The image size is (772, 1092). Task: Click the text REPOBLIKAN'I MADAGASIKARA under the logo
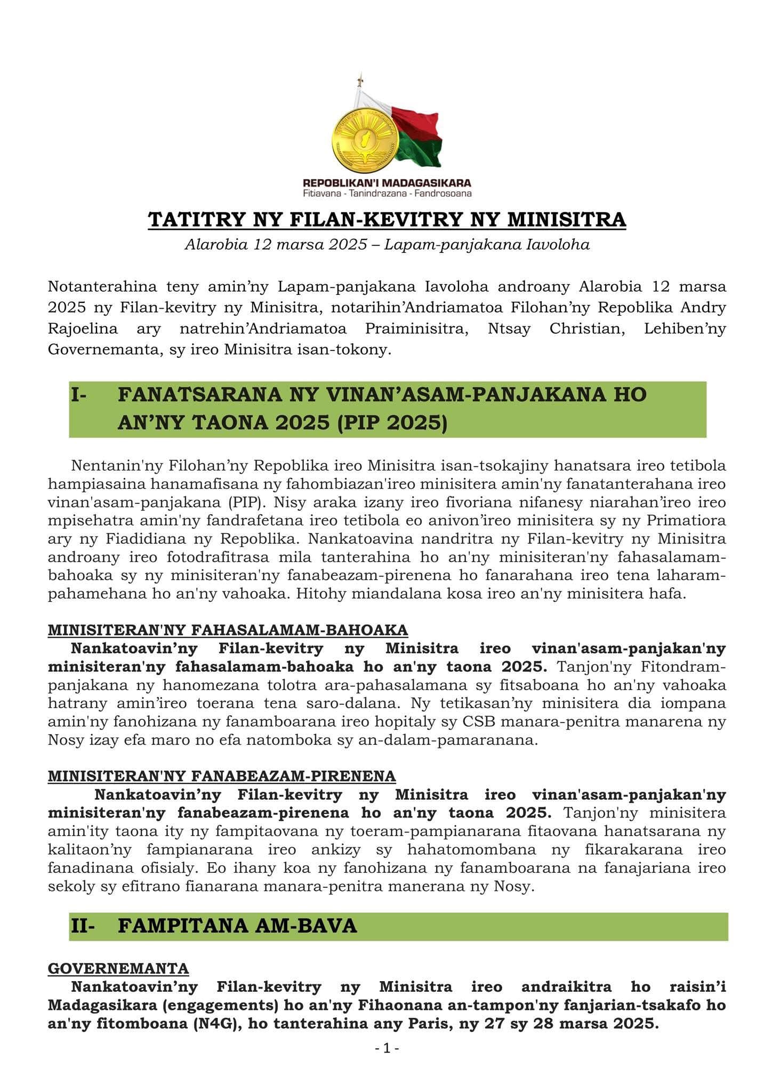[x=387, y=183]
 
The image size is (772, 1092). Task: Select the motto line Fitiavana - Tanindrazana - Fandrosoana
[x=387, y=193]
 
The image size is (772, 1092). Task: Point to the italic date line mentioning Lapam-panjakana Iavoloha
[x=387, y=245]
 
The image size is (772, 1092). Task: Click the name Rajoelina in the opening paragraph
[x=83, y=328]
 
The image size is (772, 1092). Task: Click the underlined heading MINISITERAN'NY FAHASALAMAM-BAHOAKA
[x=228, y=630]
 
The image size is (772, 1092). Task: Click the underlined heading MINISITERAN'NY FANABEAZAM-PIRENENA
[x=222, y=776]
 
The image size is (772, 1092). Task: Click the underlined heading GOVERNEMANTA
[x=118, y=968]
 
